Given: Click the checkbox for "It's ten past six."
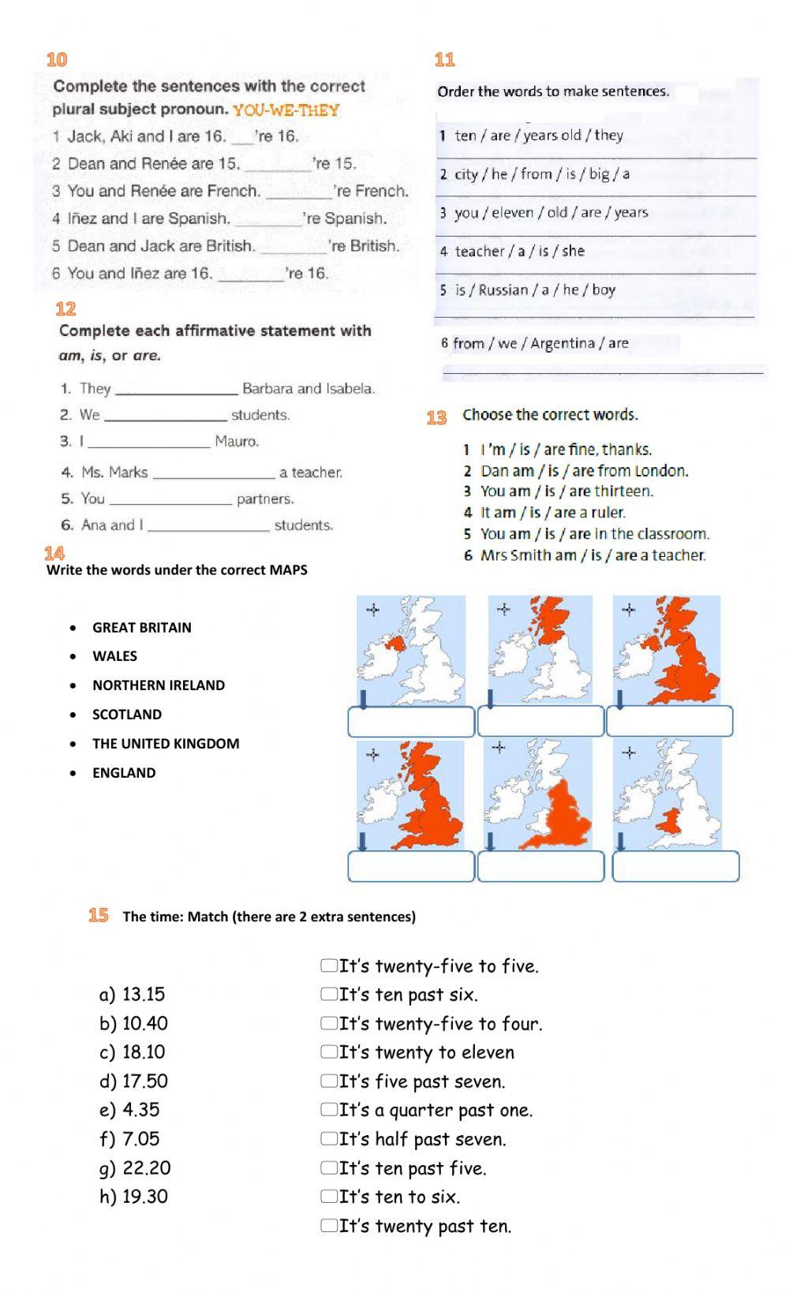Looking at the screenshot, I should coord(328,995).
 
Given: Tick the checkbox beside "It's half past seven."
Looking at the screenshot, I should coord(328,1139).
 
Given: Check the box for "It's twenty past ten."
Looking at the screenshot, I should coord(328,1226).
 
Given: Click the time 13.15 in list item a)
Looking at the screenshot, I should coord(144,995).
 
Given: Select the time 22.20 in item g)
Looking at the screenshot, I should coord(147,1168).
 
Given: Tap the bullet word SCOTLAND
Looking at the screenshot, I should coord(127,715).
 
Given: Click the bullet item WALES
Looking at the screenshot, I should coord(114,656).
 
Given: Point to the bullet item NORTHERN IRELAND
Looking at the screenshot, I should coord(159,685).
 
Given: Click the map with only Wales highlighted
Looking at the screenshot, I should coord(667,794).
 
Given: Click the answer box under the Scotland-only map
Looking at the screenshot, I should coord(540,721).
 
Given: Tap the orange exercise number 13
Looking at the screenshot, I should coord(436,417).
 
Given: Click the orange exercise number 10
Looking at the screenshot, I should coord(57,59).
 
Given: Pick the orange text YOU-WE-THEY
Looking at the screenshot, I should coord(286,110).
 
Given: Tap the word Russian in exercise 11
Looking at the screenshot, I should coord(503,289).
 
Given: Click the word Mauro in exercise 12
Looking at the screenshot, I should coord(237,441).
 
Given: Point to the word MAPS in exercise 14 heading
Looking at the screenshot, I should coord(288,570).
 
